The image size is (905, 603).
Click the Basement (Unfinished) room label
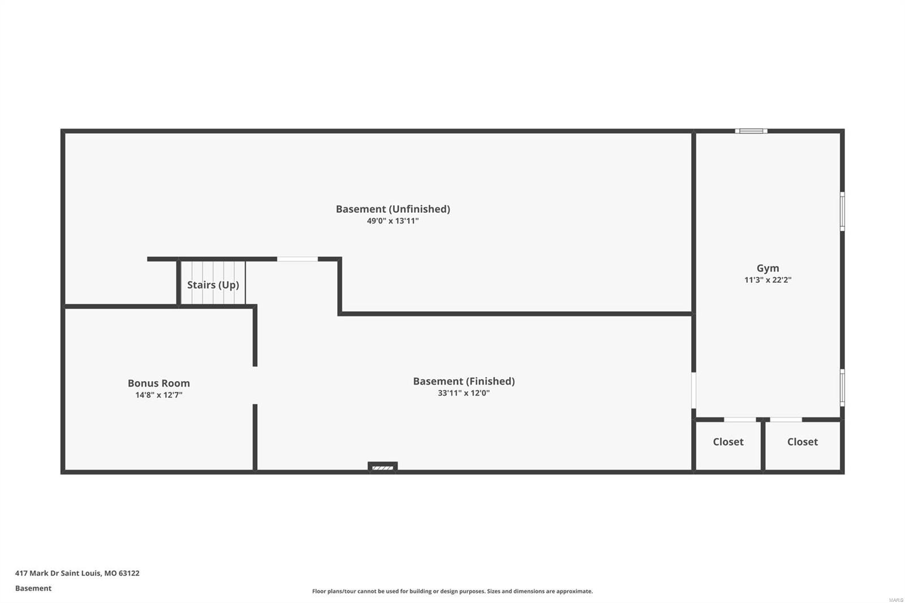pyautogui.click(x=393, y=209)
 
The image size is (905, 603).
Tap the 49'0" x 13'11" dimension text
pyautogui.click(x=393, y=221)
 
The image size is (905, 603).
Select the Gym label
pyautogui.click(x=768, y=268)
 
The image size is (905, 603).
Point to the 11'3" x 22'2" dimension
pyautogui.click(x=768, y=280)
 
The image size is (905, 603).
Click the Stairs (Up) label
pyautogui.click(x=213, y=285)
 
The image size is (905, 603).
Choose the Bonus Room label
pyautogui.click(x=158, y=383)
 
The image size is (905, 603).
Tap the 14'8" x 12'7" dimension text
pyautogui.click(x=158, y=395)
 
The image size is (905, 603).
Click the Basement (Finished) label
pyautogui.click(x=464, y=381)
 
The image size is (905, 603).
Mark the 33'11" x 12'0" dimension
pyautogui.click(x=464, y=393)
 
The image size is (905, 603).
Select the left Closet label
pyautogui.click(x=728, y=442)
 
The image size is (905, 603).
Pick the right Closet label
pyautogui.click(x=802, y=442)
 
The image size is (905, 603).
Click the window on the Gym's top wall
pyautogui.click(x=751, y=131)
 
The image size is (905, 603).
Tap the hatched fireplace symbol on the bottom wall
pyautogui.click(x=383, y=467)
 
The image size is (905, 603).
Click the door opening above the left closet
pyautogui.click(x=740, y=420)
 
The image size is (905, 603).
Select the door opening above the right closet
pyautogui.click(x=786, y=420)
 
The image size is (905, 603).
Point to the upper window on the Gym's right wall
pyautogui.click(x=842, y=212)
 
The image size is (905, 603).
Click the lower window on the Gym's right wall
pyautogui.click(x=842, y=388)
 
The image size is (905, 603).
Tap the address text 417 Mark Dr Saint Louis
pyautogui.click(x=77, y=573)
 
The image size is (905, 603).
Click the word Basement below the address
pyautogui.click(x=33, y=588)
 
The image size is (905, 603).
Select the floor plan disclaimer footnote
pyautogui.click(x=453, y=591)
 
